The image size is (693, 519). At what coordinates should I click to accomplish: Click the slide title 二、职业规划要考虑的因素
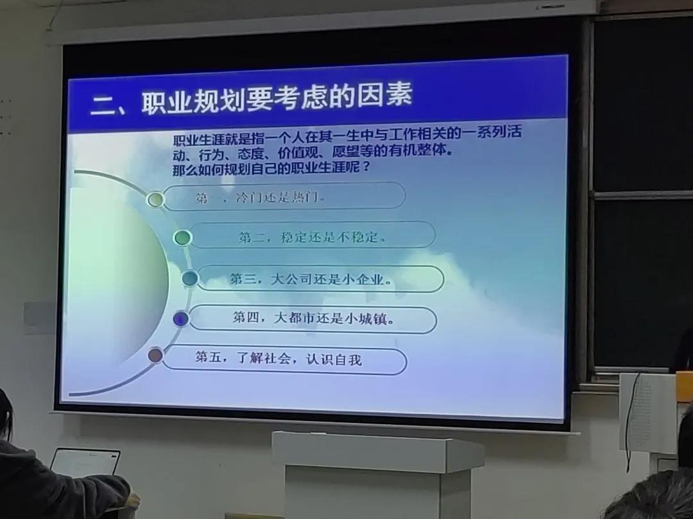(x=252, y=99)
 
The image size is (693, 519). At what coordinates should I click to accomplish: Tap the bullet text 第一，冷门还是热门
(x=261, y=197)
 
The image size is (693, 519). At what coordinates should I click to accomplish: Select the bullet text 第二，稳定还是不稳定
(x=312, y=237)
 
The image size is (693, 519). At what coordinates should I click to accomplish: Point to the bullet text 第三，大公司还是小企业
(x=311, y=279)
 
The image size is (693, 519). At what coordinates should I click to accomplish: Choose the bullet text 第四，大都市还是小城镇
(x=314, y=318)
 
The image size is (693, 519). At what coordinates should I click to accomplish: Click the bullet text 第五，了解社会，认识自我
(x=279, y=358)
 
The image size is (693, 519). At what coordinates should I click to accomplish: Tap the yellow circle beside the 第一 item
(x=155, y=199)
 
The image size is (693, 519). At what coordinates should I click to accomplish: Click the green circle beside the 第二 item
(x=182, y=238)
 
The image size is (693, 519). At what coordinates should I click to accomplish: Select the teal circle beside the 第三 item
(x=191, y=278)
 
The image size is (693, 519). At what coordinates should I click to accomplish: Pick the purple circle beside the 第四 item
(x=181, y=318)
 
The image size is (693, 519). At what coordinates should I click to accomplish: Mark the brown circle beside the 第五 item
(x=155, y=355)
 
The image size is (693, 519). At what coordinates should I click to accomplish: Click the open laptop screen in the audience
(x=85, y=463)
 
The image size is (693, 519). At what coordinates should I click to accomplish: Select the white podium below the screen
(x=377, y=475)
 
